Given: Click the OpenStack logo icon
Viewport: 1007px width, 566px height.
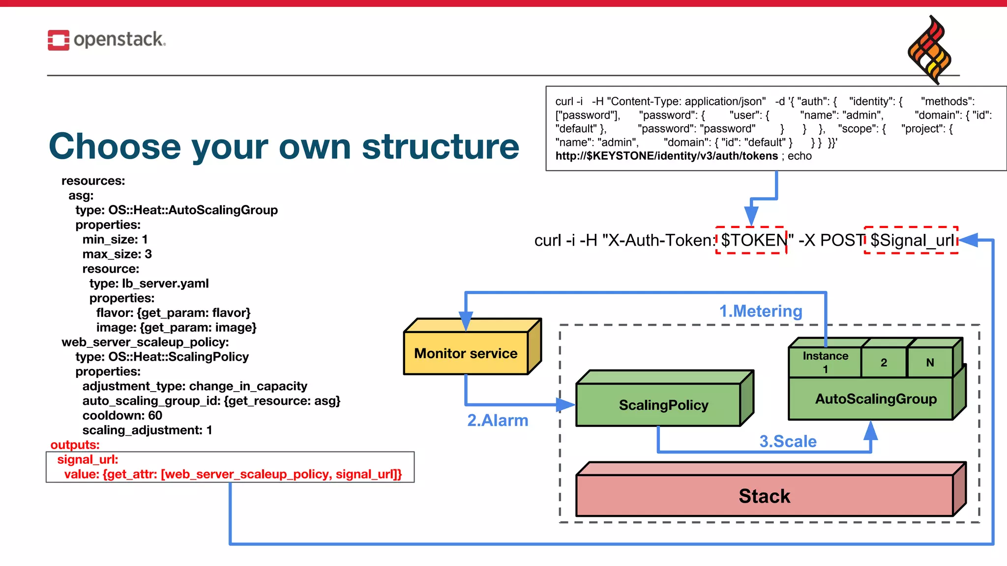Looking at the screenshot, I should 58,40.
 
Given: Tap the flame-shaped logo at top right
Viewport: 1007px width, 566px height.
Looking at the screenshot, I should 929,50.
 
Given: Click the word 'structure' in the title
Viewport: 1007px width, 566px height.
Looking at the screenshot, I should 441,146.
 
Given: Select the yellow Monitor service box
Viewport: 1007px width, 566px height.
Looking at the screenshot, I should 466,353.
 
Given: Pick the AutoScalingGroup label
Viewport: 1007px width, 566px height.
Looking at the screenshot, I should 876,398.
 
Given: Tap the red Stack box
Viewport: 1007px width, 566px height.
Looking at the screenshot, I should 764,496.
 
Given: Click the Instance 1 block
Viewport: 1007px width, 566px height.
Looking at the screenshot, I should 825,362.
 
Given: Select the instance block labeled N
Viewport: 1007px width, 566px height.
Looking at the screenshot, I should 930,363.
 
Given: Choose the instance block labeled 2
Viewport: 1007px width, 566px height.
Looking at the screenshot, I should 884,363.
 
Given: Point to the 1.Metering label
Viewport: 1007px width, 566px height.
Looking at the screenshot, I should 761,311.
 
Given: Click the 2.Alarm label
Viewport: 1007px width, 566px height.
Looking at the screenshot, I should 498,421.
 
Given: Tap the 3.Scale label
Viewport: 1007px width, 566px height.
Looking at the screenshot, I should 788,441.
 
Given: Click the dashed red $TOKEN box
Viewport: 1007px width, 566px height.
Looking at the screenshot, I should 751,240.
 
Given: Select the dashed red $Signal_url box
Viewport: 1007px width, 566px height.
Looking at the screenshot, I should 911,240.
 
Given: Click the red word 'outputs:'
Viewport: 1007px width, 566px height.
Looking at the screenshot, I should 75,445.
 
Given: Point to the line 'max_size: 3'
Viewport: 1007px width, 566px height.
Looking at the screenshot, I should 117,254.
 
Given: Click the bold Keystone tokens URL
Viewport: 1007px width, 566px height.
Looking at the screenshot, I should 666,156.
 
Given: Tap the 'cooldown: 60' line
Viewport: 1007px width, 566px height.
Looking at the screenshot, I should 122,416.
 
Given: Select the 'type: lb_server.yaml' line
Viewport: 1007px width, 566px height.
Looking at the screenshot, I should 148,283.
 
